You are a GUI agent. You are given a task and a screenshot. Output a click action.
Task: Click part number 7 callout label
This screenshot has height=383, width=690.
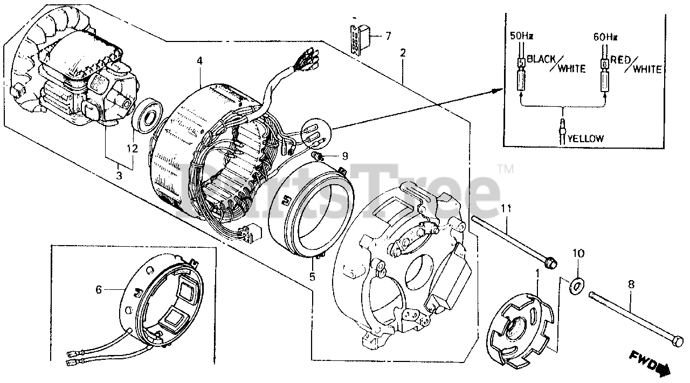click(388, 36)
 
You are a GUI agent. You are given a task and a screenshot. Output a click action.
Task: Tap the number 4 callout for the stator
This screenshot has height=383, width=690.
click(199, 61)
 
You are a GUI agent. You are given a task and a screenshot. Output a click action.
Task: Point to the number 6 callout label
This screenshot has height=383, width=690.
click(99, 290)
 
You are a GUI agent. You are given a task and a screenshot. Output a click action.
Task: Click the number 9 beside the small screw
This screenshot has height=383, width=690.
click(344, 156)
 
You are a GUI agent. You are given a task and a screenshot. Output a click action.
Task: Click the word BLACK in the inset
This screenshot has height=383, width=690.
click(541, 59)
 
